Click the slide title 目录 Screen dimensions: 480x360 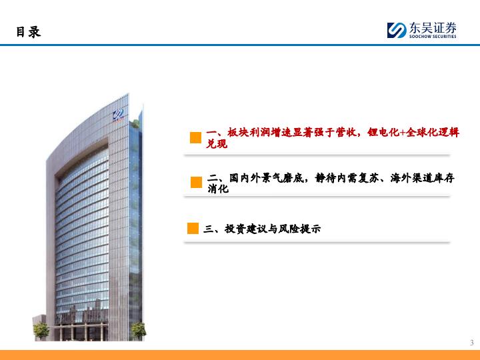29,32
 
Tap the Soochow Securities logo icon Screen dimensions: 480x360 397,30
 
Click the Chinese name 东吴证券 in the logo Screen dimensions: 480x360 433,28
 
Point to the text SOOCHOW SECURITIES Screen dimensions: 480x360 433,37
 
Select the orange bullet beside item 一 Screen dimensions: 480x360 195,138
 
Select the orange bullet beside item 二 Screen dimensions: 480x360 196,183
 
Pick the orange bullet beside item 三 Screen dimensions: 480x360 193,229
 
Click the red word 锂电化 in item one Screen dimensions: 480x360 383,132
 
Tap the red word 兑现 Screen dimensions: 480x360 217,143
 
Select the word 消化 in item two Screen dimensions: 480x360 218,189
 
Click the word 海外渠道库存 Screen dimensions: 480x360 423,177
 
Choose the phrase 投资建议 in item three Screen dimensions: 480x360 246,229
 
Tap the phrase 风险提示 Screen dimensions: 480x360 299,229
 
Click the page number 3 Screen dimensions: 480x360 472,343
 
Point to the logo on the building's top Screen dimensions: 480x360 118,115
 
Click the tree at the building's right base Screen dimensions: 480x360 139,331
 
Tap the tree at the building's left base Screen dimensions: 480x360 41,331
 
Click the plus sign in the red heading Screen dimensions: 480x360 403,133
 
